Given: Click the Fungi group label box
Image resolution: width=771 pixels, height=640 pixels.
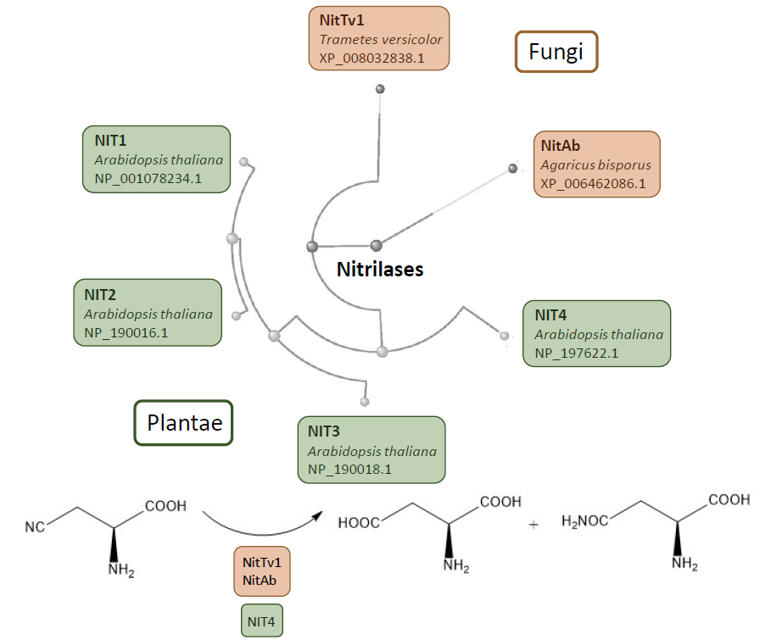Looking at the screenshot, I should tap(556, 52).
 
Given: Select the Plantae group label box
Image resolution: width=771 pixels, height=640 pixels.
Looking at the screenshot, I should tap(184, 422).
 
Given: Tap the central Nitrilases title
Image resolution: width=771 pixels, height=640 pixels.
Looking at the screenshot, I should tap(380, 270).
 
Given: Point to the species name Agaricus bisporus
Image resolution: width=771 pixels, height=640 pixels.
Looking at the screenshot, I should tap(595, 164).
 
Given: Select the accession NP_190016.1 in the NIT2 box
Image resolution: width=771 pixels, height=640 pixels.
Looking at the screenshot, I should tap(126, 332).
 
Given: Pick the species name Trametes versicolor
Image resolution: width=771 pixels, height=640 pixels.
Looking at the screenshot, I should tap(381, 39).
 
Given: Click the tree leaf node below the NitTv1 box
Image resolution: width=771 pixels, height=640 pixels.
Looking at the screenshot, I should tap(381, 88).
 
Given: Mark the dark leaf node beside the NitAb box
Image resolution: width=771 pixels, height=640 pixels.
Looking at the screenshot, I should tap(512, 169).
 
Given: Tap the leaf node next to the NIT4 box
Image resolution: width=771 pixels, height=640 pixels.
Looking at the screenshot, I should tap(505, 337).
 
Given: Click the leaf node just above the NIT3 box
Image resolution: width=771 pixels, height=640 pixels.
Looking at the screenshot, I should tap(365, 401).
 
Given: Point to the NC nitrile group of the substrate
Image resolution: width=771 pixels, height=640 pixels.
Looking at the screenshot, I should tap(35, 527).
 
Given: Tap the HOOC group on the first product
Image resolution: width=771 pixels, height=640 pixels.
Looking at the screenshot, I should tap(360, 523).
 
